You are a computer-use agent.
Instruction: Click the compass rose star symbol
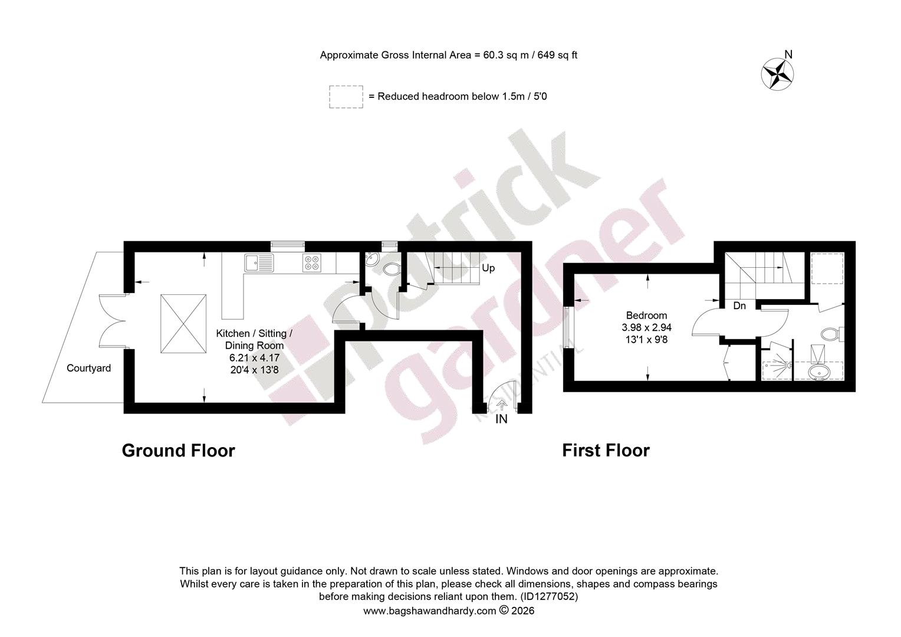[777, 74]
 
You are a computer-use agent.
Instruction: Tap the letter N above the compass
[788, 54]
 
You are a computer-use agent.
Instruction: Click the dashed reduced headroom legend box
[346, 97]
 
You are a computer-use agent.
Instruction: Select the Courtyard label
[88, 368]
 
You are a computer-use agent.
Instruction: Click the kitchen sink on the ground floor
[259, 263]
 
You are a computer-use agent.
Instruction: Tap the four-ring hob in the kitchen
[312, 263]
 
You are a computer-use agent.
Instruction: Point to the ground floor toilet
[391, 269]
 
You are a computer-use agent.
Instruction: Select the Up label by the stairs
[488, 268]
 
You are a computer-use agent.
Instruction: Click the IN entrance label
[501, 419]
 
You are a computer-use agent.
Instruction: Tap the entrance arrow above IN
[501, 405]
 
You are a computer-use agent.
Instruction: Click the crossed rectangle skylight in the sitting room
[183, 324]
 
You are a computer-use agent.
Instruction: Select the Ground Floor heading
[178, 450]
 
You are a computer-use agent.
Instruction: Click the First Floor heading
[606, 450]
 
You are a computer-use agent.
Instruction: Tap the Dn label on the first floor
[739, 306]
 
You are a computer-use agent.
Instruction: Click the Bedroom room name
[646, 316]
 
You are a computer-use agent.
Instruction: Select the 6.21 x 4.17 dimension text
[254, 357]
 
